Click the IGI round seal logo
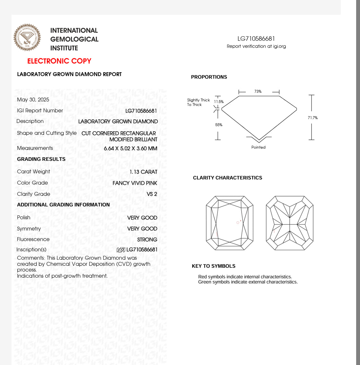(27, 37)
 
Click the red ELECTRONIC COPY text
(59, 61)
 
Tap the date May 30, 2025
(33, 100)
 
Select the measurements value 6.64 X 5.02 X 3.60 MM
(131, 148)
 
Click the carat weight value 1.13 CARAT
(143, 172)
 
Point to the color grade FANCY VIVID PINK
(135, 183)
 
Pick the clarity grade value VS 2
(152, 194)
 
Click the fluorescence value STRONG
(147, 239)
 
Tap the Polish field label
(24, 217)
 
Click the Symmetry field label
(29, 229)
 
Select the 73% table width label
(258, 91)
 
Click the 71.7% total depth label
(313, 118)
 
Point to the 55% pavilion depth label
(219, 125)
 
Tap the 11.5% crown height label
(219, 102)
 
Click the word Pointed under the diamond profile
(258, 147)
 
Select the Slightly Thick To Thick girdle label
(198, 102)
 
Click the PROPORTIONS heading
(209, 77)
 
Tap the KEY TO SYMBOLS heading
(214, 266)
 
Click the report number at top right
(256, 39)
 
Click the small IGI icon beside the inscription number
(121, 250)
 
